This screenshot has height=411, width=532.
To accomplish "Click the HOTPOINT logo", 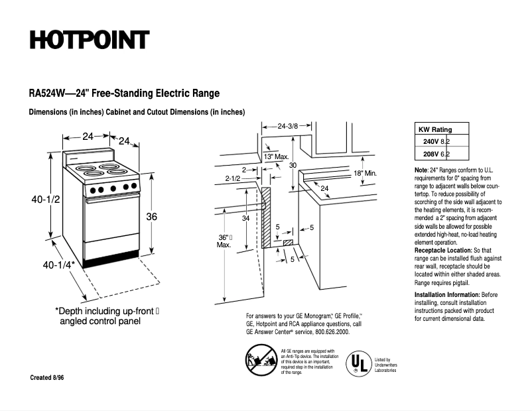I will [89, 40].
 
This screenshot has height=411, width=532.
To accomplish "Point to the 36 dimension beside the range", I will [152, 217].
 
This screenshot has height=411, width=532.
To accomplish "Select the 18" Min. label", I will [365, 173].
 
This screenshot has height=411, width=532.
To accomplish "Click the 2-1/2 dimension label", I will [233, 178].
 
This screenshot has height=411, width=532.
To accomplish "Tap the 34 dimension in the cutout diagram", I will [245, 218].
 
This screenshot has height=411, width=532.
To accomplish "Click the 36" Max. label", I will [224, 241].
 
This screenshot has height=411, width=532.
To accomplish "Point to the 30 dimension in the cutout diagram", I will [293, 165].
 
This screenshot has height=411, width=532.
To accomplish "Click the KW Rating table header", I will [434, 130].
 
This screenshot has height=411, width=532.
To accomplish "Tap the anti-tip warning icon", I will [255, 361].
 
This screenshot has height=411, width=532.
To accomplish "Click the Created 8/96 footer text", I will [47, 377].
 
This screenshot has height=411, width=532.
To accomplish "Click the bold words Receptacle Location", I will [442, 251].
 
